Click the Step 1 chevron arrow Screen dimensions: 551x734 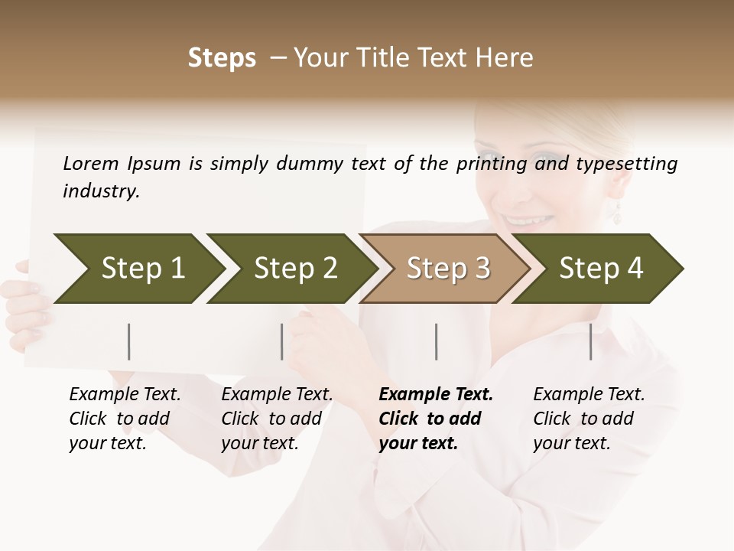point(138,269)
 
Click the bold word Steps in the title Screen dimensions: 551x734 point(222,58)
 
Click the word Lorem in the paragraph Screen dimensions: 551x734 point(91,164)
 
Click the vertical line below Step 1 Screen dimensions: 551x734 point(129,341)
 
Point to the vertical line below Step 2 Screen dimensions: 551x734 point(282,341)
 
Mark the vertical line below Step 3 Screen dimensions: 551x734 point(437,341)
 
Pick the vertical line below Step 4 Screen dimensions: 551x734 point(591,341)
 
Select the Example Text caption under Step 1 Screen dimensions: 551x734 point(125,395)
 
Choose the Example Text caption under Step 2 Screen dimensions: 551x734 point(277,395)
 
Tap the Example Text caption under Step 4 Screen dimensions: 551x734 point(589,395)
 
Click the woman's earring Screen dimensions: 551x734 point(617,212)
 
